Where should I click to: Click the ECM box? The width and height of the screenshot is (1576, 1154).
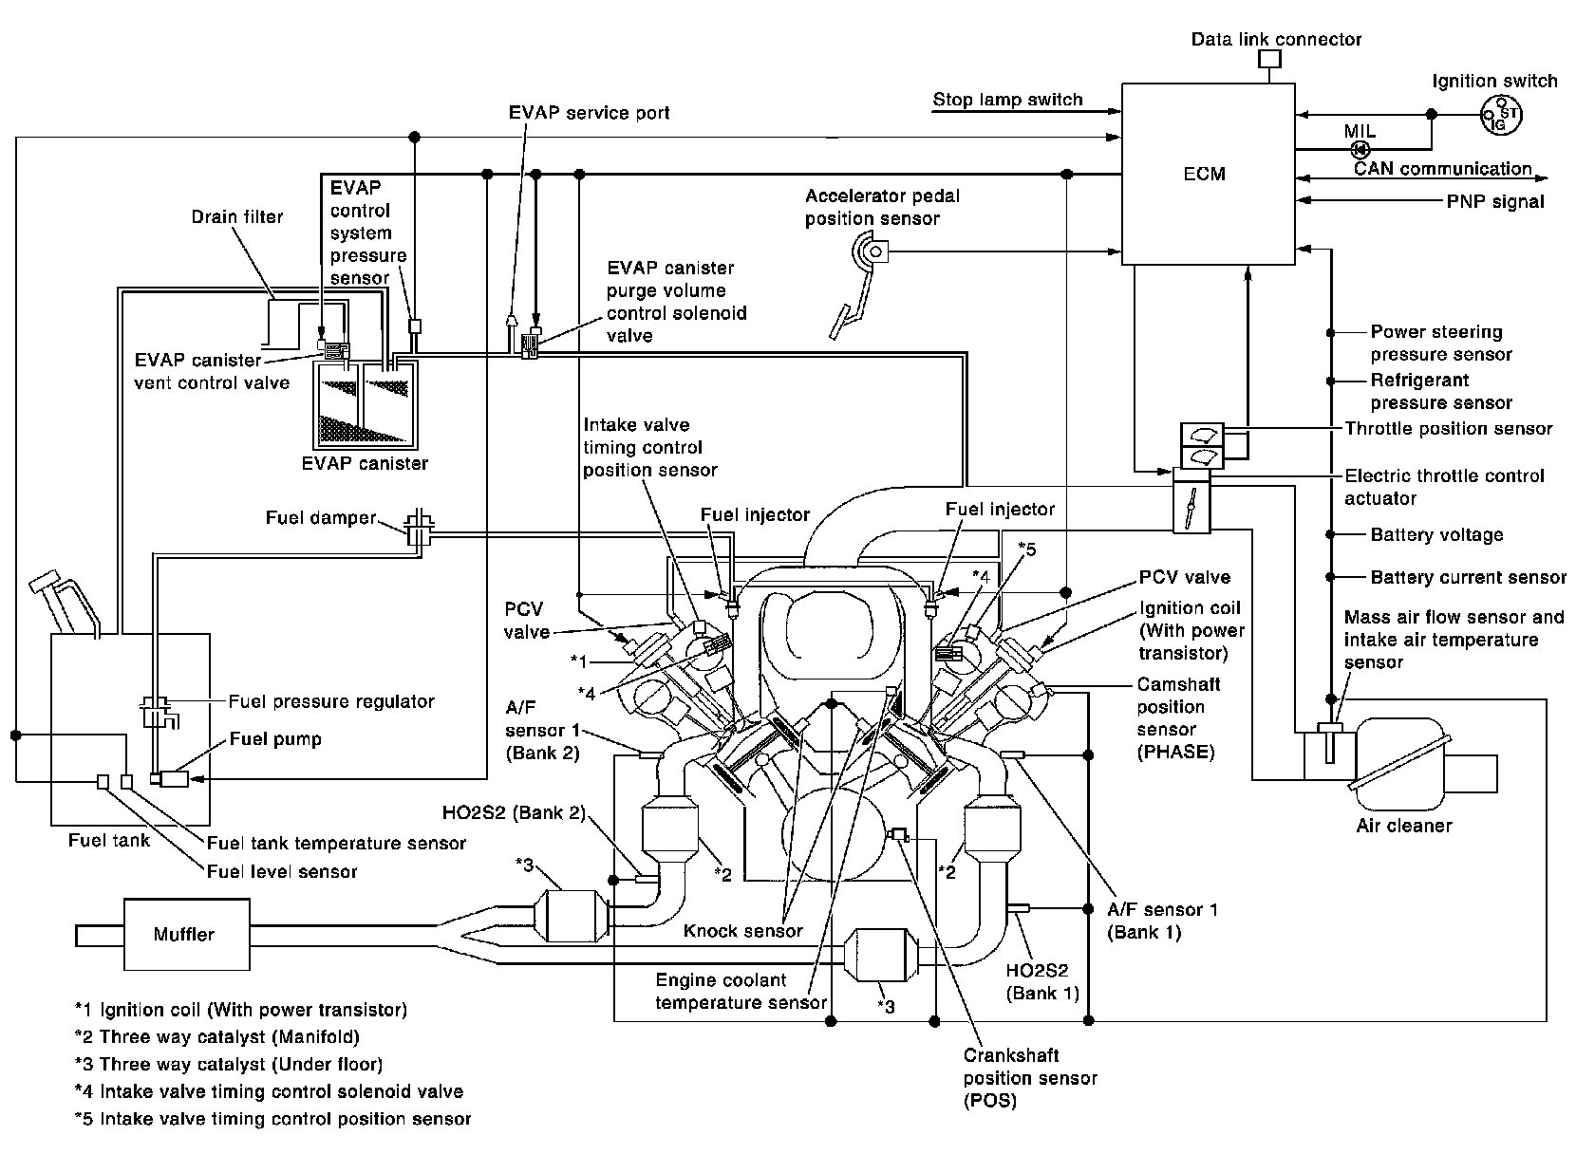(x=1207, y=174)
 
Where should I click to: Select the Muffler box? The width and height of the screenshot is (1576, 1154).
(x=184, y=935)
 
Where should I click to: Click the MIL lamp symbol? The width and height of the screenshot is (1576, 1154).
(x=1359, y=149)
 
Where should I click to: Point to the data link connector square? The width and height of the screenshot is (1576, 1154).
(x=1269, y=59)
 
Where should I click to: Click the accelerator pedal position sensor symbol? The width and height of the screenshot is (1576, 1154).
(x=871, y=252)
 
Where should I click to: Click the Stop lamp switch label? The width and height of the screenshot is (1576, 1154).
(x=1007, y=100)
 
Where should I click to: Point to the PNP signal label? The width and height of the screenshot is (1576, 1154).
(x=1495, y=201)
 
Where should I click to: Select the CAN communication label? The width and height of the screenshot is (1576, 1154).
(x=1442, y=169)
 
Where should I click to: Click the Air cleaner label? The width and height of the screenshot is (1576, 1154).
(x=1404, y=826)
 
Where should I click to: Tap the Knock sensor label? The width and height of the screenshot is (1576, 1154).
(x=743, y=931)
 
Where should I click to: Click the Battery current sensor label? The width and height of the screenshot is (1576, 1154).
(x=1468, y=577)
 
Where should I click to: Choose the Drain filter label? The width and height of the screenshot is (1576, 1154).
(x=237, y=216)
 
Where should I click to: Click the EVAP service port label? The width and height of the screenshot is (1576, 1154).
(x=589, y=113)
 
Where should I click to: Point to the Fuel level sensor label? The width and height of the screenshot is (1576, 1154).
(x=282, y=871)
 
